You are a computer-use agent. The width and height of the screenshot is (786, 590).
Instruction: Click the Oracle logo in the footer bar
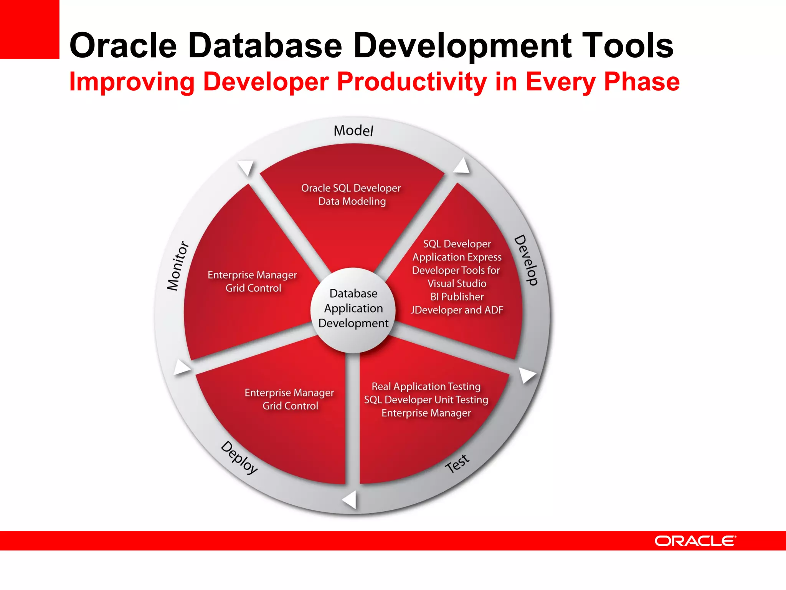695,541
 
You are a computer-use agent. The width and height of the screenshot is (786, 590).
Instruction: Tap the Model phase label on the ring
353,131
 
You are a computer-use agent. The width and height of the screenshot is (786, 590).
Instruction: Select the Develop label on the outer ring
526,260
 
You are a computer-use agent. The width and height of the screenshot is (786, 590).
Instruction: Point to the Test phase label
457,464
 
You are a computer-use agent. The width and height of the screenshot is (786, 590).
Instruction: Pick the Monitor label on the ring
178,266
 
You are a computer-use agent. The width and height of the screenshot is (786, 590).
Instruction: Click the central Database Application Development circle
353,309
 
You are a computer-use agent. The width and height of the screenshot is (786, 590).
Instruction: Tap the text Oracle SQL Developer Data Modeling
351,195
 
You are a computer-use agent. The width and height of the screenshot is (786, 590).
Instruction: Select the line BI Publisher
457,297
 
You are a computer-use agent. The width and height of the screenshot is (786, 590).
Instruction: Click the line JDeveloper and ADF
457,310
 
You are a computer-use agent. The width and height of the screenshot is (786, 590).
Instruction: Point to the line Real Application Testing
426,386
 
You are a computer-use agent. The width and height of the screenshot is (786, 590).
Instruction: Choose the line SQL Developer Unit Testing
426,400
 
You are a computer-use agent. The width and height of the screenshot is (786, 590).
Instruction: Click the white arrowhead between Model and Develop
462,166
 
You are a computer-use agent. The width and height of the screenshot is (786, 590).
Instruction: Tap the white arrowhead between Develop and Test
527,375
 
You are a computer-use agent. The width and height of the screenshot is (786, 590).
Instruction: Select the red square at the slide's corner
30,29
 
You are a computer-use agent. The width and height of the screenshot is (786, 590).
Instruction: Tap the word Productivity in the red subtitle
412,82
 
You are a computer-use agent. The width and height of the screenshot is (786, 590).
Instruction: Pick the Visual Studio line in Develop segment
457,283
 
